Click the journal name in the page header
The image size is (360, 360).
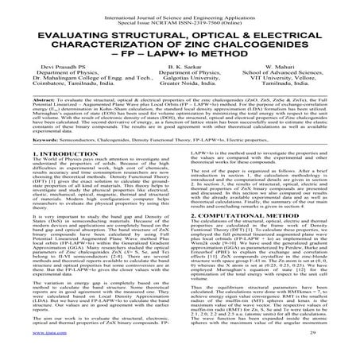[x=180, y=7]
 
